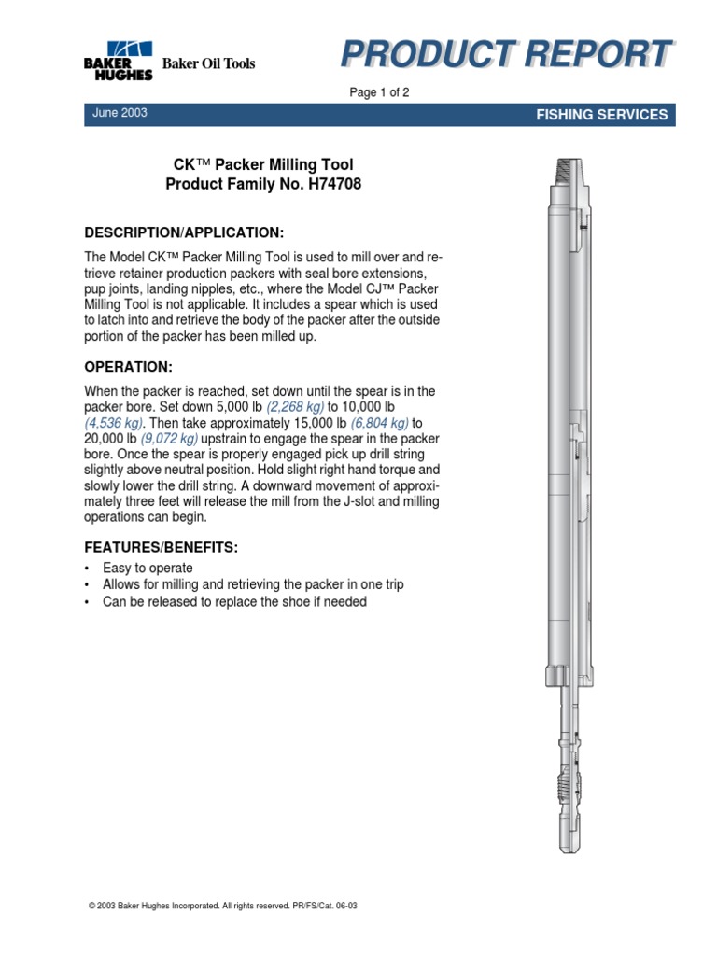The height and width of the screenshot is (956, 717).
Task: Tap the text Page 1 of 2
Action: click(x=378, y=92)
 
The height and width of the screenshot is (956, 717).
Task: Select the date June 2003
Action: click(x=119, y=113)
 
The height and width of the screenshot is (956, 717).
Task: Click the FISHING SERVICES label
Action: click(x=601, y=115)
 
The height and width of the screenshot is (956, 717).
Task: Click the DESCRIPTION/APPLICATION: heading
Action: click(x=184, y=232)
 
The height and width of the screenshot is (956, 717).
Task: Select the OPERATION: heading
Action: click(x=129, y=366)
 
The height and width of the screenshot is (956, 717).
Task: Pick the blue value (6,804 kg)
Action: click(x=380, y=423)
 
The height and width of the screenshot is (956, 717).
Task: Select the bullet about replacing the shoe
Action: click(x=234, y=602)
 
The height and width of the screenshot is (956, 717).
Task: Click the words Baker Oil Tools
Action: click(x=208, y=63)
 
